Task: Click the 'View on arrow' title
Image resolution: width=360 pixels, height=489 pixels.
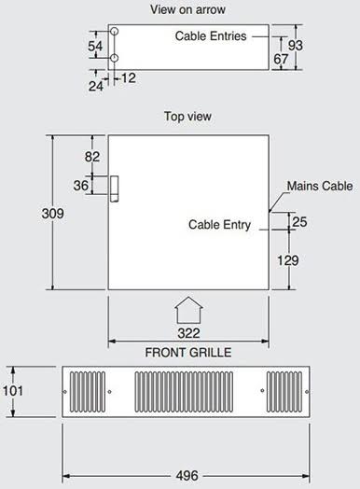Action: tap(187, 9)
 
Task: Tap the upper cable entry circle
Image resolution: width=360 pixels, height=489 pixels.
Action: tap(115, 31)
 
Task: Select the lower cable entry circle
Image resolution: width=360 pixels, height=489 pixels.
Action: tap(115, 58)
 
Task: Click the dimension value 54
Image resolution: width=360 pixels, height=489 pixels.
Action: tap(95, 46)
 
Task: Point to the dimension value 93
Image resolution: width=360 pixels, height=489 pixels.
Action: tap(295, 46)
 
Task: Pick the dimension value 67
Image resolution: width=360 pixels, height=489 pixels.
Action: tap(281, 59)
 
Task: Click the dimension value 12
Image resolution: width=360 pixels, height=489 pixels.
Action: tap(129, 78)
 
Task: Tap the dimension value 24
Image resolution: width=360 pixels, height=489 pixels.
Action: tap(96, 86)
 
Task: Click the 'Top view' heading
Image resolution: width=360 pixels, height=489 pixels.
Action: tap(187, 117)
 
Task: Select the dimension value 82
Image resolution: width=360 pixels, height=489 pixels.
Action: tap(92, 157)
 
